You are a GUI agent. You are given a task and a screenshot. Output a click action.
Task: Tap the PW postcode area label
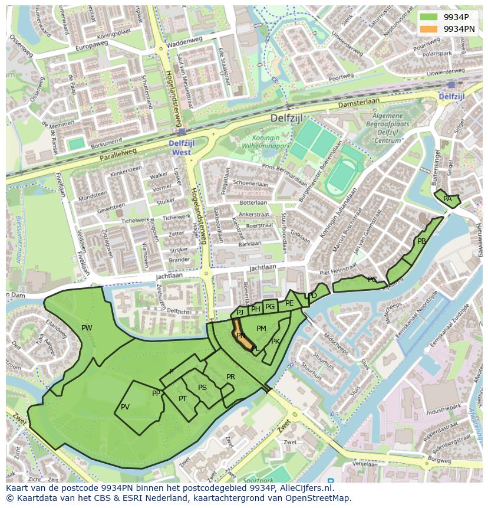click(87, 328)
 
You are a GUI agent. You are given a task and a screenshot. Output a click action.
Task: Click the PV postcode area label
click(125, 407)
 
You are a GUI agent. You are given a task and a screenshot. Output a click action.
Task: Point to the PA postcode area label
click(447, 199)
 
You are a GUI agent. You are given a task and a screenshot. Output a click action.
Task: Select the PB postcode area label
click(421, 241)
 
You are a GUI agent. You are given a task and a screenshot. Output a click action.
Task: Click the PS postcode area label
click(202, 388)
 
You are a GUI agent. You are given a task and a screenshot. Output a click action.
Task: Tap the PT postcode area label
click(183, 399)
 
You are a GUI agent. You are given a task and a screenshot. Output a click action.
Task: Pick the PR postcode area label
click(230, 377)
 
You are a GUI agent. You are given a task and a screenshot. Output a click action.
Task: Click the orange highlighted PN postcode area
click(243, 336)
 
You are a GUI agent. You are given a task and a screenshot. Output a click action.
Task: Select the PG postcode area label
click(269, 306)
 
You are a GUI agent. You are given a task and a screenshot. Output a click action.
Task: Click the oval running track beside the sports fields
click(338, 178)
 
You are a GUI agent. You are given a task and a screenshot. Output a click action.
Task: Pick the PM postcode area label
click(261, 329)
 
